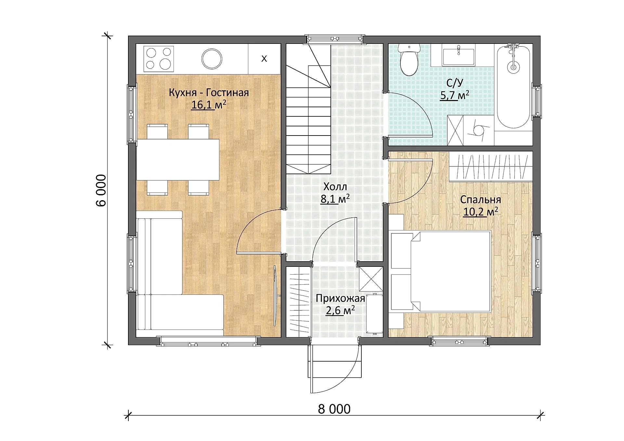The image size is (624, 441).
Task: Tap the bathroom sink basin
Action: tap(458, 56)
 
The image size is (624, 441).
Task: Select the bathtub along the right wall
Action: tap(513, 86)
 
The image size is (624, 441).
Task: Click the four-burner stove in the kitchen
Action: tap(159, 59)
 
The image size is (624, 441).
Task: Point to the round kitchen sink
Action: tap(212, 59)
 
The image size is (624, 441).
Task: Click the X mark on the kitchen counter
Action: tap(264, 59)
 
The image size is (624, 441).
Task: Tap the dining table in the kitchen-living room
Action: tap(178, 160)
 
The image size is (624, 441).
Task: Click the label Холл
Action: tap(335, 187)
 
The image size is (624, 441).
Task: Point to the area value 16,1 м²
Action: tap(209, 105)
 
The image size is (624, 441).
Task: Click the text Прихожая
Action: tap(340, 298)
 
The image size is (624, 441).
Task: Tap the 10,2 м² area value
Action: tap(481, 212)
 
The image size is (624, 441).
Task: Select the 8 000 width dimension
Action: tap(334, 409)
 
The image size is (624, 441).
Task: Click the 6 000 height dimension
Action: tap(101, 190)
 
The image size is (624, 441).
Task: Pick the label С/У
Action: tap(455, 83)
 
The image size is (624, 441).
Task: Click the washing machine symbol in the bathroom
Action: tap(478, 130)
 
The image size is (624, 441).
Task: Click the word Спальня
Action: tap(480, 200)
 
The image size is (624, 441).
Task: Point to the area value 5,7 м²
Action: tap(455, 96)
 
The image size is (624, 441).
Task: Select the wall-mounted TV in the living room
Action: tap(275, 296)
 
